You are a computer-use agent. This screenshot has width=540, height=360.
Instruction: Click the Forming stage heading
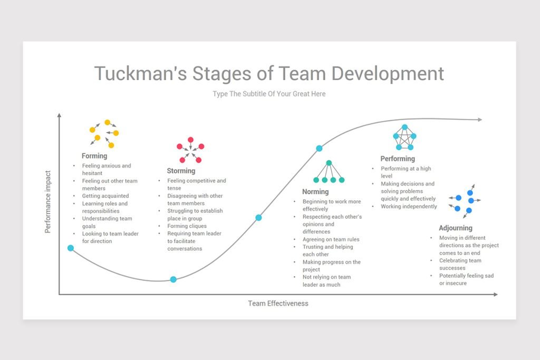pos(94,156)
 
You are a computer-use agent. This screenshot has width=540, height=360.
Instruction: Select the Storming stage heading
pos(181,171)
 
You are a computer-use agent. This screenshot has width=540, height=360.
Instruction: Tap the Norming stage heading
pos(315,192)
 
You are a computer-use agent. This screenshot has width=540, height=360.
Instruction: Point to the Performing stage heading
pos(398,159)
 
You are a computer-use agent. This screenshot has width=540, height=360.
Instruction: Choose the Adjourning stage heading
pos(455,228)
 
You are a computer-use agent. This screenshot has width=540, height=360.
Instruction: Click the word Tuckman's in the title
pos(140,73)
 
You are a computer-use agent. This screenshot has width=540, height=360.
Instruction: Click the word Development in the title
pos(388,74)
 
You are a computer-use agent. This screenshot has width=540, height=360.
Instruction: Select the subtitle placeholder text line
pos(269,94)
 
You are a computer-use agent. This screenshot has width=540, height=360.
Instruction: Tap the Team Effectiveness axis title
pos(278,303)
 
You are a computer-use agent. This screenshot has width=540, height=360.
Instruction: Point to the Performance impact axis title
pos(47,202)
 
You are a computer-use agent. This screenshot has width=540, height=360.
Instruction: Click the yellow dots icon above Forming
pos(104,133)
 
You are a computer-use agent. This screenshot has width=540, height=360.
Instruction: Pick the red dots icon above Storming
pos(190,150)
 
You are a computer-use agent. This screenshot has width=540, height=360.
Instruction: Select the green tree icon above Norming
pos(329,171)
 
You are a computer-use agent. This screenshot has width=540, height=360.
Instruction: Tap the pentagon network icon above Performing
pos(404,138)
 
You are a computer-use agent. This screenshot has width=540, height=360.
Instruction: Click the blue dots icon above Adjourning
pos(465,201)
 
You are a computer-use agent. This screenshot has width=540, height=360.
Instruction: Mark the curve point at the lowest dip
pos(173,279)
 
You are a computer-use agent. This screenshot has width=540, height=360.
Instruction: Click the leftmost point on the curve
pos(71,248)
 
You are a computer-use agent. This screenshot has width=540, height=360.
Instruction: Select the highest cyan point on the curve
pos(319,148)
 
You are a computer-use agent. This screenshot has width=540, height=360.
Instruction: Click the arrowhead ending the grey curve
pos(480,120)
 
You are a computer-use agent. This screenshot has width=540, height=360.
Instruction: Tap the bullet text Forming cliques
pos(187,226)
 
